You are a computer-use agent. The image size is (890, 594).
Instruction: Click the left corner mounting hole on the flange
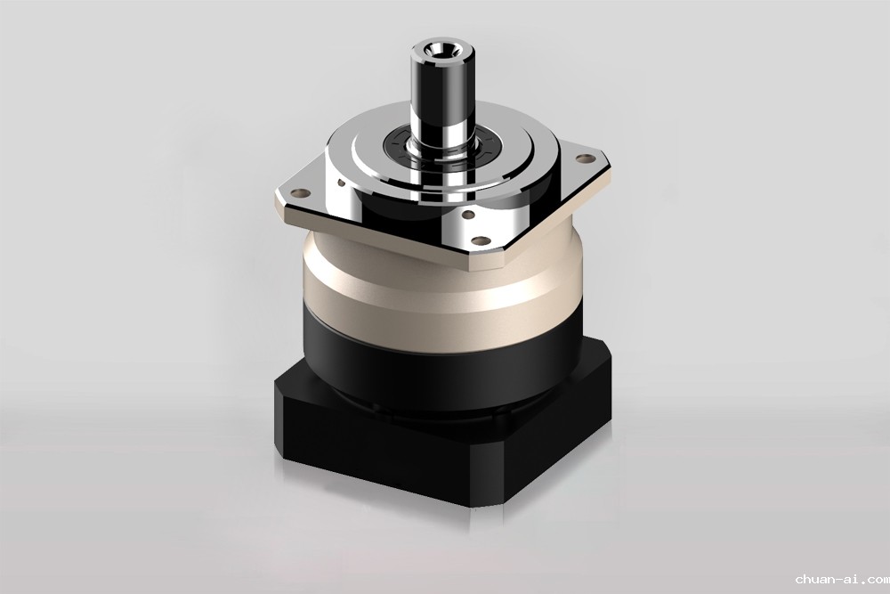click(302, 193)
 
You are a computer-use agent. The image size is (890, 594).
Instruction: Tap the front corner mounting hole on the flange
click(480, 240)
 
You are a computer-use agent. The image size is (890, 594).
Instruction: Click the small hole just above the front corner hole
click(468, 216)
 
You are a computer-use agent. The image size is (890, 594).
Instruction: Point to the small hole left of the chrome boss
click(341, 183)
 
